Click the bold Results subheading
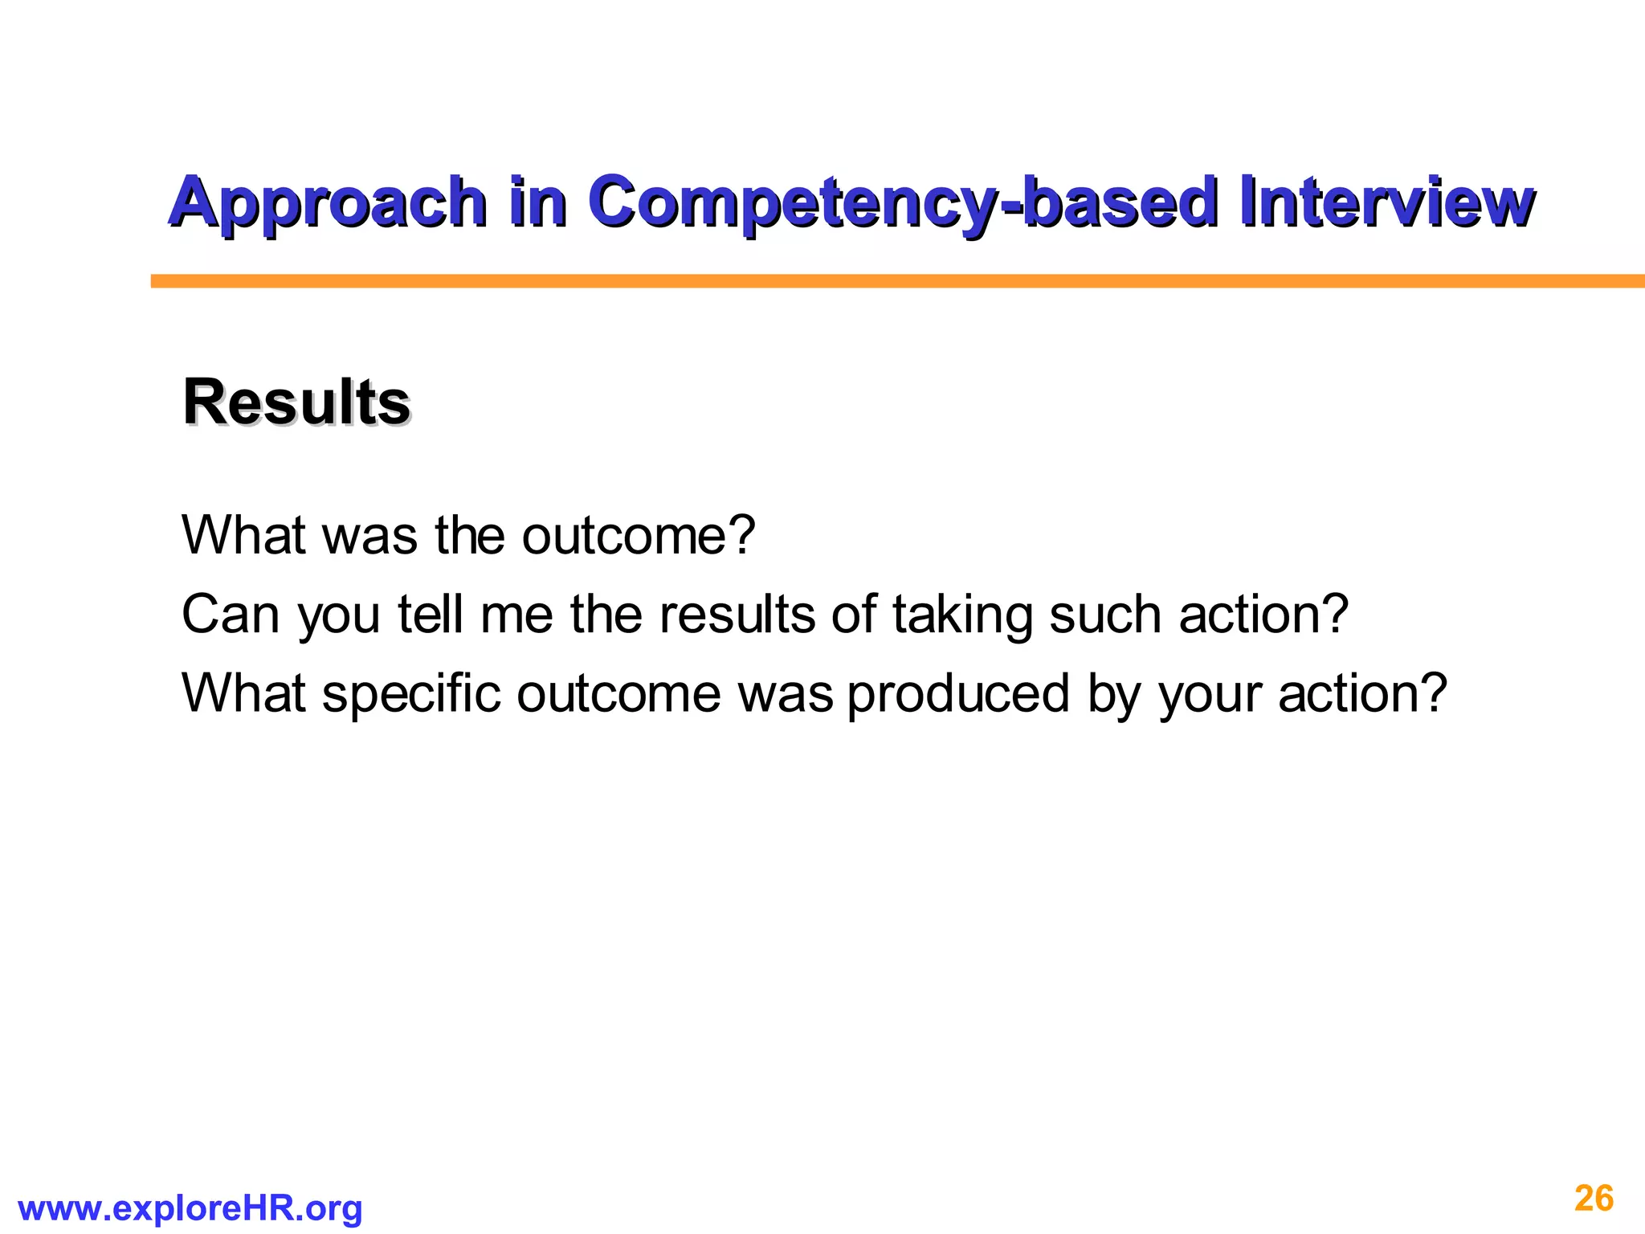coord(296,402)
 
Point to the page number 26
coord(1594,1199)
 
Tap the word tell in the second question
coord(431,615)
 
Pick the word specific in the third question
coord(411,694)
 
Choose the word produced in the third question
coord(958,693)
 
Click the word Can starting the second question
coord(230,615)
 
